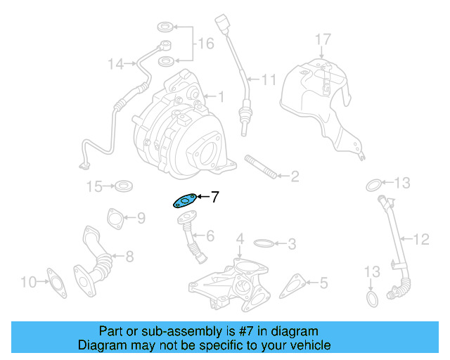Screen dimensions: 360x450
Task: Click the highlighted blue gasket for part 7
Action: (184, 201)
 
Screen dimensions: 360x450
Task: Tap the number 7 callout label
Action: (214, 197)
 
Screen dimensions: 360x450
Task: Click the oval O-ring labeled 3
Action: (262, 244)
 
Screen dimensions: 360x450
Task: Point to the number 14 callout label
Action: (116, 65)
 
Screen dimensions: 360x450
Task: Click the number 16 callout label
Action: (205, 44)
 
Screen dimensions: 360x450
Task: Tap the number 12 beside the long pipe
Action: (420, 240)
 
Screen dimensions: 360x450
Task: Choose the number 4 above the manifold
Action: (240, 239)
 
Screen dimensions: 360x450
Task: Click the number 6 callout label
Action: (209, 236)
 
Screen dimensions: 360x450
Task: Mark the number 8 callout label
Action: (129, 257)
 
